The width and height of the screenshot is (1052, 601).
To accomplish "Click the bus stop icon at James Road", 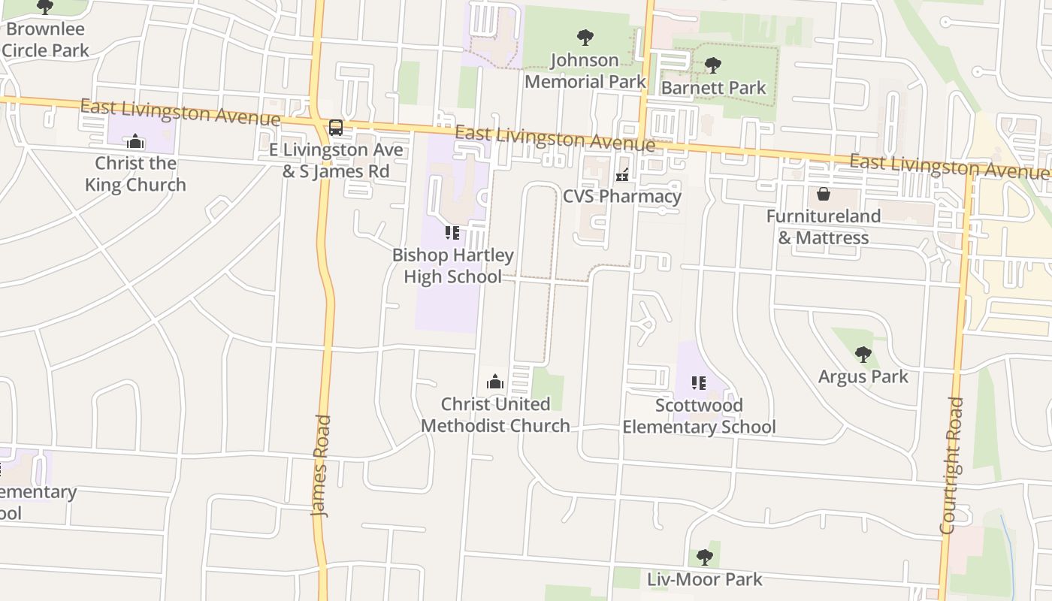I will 336,128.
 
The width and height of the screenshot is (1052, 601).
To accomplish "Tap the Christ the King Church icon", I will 135,141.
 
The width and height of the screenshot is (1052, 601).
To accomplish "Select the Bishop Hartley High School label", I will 453,266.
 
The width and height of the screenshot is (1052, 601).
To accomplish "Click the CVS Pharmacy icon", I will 622,175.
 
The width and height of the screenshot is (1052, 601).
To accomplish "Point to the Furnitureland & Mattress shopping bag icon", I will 824,194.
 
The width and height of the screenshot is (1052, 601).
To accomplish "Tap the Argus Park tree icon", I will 863,354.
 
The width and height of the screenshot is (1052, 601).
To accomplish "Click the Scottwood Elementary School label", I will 699,416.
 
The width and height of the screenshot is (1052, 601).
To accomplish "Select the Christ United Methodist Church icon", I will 494,382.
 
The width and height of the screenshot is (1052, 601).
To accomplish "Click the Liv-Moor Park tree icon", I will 704,557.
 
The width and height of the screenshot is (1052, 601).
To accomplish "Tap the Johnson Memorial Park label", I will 585,71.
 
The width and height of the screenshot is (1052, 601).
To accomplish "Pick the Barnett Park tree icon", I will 713,65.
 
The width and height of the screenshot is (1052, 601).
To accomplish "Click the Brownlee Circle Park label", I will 46,40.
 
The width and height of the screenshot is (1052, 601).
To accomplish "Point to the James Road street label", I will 322,466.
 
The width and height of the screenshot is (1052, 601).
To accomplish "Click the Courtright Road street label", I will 952,466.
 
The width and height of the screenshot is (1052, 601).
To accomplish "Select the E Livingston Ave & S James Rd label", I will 336,160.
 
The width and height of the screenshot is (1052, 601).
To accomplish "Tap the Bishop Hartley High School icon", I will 452,233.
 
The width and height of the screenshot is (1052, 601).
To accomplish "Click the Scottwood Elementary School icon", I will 699,383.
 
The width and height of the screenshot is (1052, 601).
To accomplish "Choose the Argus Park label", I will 863,376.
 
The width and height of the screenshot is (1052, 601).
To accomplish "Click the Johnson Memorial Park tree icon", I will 585,37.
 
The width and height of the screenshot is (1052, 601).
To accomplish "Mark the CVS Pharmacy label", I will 622,197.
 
